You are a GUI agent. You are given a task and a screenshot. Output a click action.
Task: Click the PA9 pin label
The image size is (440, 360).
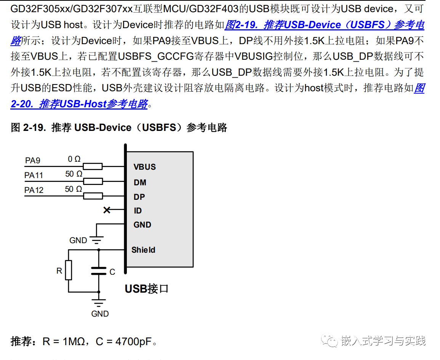[33, 161]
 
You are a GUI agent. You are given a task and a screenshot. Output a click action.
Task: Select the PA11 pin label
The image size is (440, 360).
[34, 175]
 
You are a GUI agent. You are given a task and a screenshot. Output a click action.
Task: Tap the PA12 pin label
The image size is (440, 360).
[34, 190]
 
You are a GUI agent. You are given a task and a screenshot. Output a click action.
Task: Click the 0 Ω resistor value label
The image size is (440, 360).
[74, 159]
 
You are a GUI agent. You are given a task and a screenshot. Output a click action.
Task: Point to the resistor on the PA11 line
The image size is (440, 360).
[93, 181]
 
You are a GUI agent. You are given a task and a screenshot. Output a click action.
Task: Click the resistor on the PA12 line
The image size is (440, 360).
[93, 196]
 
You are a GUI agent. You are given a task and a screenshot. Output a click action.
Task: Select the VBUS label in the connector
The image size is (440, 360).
[145, 167]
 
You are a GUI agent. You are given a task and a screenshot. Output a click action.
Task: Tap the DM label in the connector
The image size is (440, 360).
[140, 183]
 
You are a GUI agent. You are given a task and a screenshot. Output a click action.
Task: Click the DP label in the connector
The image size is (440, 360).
[139, 197]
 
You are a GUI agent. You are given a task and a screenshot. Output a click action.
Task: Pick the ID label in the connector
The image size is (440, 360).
[138, 211]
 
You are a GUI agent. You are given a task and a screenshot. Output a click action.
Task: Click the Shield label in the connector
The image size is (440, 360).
[143, 250]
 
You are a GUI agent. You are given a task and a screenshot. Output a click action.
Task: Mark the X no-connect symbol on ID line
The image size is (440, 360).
[107, 210]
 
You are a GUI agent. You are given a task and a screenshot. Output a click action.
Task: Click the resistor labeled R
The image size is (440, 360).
[68, 270]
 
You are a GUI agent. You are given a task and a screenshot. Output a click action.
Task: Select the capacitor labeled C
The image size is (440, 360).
[99, 271]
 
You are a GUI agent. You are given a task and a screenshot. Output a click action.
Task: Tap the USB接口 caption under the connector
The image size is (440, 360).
[147, 289]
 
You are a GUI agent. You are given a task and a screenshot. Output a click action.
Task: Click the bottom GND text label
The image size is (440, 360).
[100, 314]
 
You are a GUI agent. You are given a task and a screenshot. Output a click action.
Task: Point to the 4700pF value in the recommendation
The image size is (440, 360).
[128, 341]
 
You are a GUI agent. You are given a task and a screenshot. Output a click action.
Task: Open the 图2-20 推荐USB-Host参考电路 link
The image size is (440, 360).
[79, 104]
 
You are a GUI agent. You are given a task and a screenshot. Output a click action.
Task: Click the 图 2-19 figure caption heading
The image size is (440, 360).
[119, 127]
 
